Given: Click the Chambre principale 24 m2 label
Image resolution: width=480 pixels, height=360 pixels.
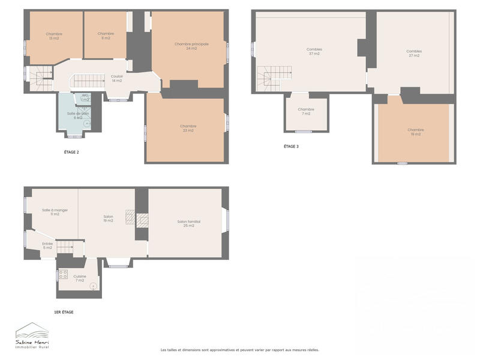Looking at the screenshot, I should point(187,46).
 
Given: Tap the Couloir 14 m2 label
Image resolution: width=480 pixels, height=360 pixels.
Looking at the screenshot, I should point(117,78).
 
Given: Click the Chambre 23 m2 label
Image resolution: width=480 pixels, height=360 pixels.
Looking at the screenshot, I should point(188,128).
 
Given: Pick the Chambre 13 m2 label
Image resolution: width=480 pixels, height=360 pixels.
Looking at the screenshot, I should point(53,36).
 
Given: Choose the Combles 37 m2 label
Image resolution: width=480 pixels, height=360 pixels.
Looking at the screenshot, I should point(313,52).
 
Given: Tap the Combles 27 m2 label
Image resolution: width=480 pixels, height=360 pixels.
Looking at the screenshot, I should point(413,53).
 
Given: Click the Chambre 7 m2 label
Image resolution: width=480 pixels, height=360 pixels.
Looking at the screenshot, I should point(306,111).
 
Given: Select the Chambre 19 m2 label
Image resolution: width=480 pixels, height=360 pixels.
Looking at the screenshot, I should point(415,132).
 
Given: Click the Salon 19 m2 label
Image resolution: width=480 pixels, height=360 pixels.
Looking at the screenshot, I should point(109,218).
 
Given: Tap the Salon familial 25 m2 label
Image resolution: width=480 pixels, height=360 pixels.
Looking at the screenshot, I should point(188,223).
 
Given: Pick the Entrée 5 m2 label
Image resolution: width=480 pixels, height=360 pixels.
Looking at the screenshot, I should point(47,245).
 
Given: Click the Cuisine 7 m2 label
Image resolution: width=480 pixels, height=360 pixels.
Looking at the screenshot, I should point(80,278).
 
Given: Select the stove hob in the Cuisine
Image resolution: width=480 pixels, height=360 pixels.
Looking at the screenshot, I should point(63,275).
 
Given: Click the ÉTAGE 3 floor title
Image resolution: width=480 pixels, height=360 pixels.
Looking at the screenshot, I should point(291,146).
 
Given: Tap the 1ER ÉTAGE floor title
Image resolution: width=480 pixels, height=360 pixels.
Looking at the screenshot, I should point(64,312).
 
